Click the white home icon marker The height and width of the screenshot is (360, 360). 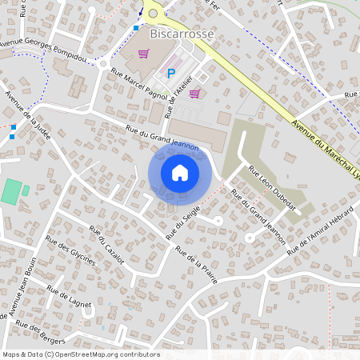click(180, 172)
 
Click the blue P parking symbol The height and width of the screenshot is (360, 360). click(171, 74)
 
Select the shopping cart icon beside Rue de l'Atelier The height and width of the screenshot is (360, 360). click(194, 93)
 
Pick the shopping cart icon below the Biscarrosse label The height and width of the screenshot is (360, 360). click(144, 54)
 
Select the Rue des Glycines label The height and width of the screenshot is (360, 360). click(71, 251)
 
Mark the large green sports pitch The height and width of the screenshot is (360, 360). click(11, 191)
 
